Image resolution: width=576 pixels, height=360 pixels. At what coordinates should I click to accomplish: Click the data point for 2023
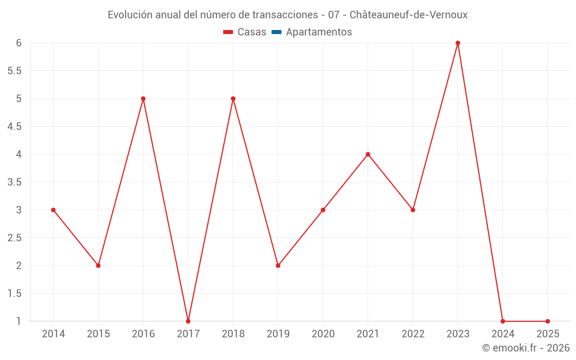coord(458,43)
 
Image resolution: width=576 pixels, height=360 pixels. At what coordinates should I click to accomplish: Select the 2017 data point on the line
coord(188,321)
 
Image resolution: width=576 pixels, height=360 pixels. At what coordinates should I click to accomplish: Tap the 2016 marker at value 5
coord(143,98)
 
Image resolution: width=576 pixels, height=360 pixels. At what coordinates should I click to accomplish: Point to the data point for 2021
coord(368,154)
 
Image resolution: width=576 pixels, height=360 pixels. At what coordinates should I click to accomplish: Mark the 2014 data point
coord(54,210)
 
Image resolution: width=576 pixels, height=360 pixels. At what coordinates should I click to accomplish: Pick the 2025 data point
coord(548,321)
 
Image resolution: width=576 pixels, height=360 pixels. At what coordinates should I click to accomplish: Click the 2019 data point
coord(278,266)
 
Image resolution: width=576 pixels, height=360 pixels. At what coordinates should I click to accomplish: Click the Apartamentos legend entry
coord(319,32)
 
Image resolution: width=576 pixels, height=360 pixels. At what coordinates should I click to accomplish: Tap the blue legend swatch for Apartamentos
coord(276,32)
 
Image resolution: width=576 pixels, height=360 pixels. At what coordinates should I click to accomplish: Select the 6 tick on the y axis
coord(18,43)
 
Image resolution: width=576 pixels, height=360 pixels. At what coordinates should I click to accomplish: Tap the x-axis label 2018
coord(233,334)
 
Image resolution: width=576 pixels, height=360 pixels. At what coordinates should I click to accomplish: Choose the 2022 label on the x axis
coord(413,334)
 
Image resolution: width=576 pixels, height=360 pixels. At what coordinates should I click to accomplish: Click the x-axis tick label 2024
coord(503,334)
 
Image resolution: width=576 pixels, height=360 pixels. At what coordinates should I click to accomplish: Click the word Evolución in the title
coord(130,14)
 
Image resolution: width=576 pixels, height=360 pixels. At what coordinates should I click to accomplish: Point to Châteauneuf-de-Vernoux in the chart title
coord(408,14)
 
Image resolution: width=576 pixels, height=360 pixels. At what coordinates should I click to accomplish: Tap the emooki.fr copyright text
coord(526,348)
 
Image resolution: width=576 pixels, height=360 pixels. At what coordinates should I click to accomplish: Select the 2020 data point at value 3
coord(323,210)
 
